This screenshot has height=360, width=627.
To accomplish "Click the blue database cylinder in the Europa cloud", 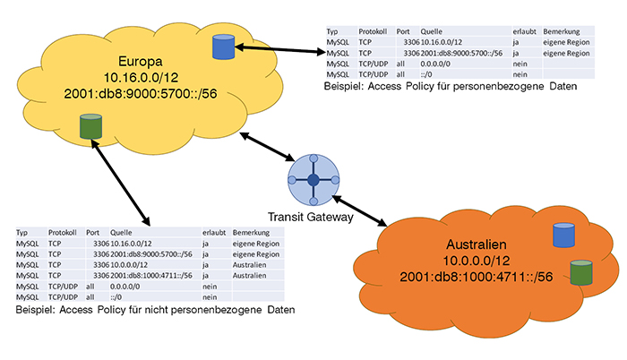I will [222, 47].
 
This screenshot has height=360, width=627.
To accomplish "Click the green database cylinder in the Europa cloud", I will [90, 127].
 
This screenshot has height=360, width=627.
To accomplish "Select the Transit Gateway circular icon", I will [313, 181].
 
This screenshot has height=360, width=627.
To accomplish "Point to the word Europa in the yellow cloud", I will [130, 38].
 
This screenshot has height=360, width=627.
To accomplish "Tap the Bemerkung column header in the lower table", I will [254, 232].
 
